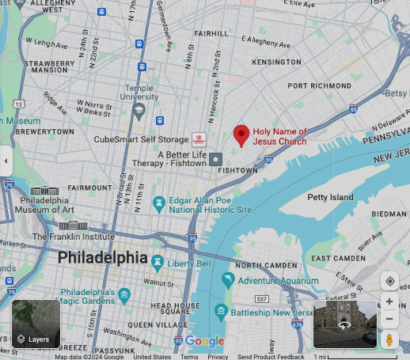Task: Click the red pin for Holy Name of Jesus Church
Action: click(x=241, y=135)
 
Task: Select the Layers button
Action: click(x=36, y=324)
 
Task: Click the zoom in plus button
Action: click(x=389, y=301)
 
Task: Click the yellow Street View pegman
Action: click(x=389, y=339)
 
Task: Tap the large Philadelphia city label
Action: click(x=102, y=259)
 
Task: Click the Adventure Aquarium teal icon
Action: click(x=229, y=280)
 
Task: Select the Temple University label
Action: click(x=139, y=93)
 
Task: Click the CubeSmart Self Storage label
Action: click(x=141, y=139)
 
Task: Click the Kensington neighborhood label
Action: click(x=276, y=62)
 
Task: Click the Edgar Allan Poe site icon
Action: click(x=159, y=204)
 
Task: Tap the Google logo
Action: click(x=204, y=341)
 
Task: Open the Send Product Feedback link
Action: click(x=271, y=357)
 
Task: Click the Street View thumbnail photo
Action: click(x=345, y=324)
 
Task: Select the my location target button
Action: click(x=389, y=281)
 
